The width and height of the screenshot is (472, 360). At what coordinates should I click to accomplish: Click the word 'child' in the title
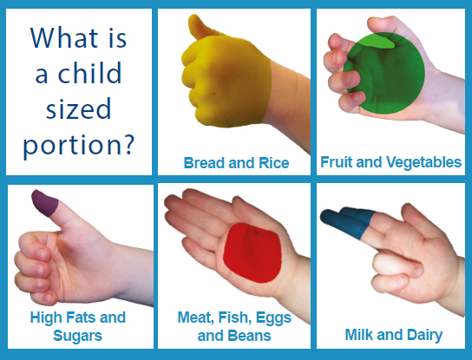[x=89, y=73]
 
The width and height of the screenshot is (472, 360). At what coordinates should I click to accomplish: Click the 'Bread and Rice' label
[x=236, y=163]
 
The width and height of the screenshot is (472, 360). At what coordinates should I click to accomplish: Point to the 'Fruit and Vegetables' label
[x=390, y=162]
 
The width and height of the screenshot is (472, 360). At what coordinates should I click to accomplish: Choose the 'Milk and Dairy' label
[x=394, y=335]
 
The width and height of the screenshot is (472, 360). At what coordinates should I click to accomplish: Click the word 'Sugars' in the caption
[x=78, y=336]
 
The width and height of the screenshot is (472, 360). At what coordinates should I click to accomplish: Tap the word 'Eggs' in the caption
[x=273, y=317]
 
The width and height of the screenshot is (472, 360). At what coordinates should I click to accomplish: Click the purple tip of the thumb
[x=45, y=203]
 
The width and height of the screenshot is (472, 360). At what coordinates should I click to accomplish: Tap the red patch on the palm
[x=252, y=252]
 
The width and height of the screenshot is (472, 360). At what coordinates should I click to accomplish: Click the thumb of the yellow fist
[x=200, y=27]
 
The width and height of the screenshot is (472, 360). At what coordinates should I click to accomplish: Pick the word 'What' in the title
[x=64, y=37]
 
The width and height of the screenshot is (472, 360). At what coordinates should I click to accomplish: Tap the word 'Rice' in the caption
[x=274, y=163]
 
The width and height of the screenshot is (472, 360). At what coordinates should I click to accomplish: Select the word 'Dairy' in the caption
[x=425, y=336]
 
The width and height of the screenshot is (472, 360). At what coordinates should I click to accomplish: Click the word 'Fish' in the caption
[x=235, y=317]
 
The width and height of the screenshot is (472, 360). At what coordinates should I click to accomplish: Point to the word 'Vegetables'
[x=423, y=162]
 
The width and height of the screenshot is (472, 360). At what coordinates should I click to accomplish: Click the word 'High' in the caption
[x=46, y=317]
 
